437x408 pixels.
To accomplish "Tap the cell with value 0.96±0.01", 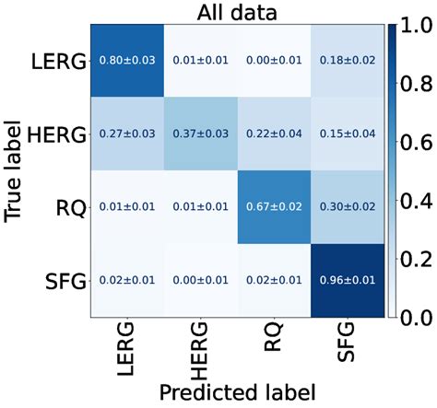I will (346, 281).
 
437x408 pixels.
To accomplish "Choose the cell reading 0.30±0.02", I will (346, 208).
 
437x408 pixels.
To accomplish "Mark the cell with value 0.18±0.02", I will (346, 61).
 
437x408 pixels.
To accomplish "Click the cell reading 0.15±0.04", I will (346, 134).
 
